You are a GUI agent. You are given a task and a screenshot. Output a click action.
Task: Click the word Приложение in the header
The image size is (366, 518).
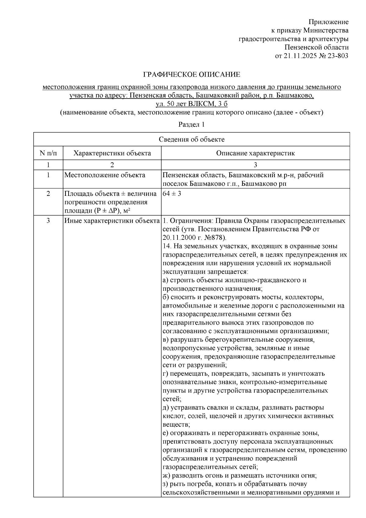(328, 22)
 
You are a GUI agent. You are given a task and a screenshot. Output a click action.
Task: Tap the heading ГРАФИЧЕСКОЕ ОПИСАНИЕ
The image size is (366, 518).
(192, 74)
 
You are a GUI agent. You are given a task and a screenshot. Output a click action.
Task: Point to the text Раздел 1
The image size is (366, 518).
(191, 124)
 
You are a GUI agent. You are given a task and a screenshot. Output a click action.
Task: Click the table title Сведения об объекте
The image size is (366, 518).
(192, 139)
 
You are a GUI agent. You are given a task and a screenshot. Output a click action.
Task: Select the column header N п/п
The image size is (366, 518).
(48, 153)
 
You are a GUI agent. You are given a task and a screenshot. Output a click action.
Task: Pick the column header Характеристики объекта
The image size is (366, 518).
(112, 153)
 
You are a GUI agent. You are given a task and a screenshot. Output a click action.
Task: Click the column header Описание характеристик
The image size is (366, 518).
(255, 153)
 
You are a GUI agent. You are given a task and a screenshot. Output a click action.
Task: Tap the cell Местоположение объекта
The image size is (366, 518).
(105, 175)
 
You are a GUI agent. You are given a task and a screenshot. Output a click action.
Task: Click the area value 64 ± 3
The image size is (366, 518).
(172, 194)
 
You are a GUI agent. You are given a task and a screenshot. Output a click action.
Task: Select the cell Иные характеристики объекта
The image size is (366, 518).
(112, 221)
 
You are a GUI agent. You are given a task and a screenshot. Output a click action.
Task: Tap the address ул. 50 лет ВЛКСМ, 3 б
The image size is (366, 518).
(192, 104)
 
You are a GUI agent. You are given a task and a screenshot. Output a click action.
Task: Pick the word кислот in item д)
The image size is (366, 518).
(172, 416)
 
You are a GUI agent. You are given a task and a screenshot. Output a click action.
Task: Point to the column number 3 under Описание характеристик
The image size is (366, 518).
(255, 165)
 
